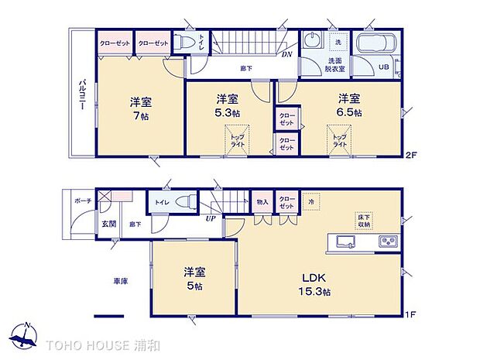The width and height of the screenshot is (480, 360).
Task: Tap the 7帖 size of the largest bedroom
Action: coord(139,115)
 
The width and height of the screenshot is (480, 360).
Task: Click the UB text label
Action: coord(382,66)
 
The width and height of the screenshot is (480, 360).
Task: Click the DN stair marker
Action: coord(286,54)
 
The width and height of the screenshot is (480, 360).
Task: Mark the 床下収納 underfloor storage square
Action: coord(363,220)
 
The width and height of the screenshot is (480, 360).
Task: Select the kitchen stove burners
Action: coord(387,242)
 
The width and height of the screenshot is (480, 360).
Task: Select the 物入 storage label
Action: coord(262,202)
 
